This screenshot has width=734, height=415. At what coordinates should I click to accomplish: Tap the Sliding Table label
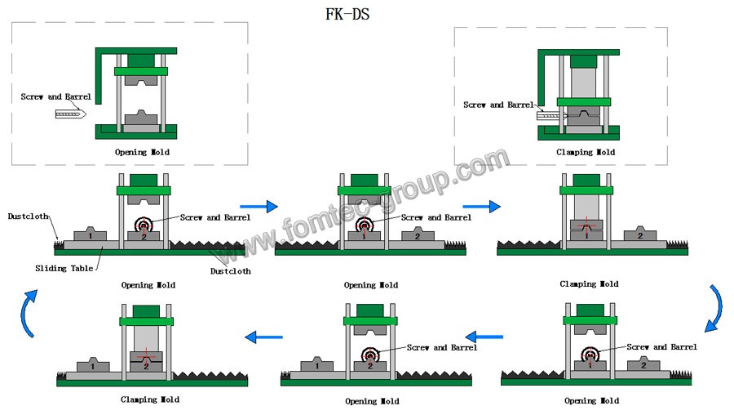tap(64, 267)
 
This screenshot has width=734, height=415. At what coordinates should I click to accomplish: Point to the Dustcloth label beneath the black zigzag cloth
tap(230, 270)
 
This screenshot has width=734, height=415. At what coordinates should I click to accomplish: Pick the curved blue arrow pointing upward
tap(29, 313)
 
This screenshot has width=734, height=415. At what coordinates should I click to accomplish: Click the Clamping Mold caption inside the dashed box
tap(586, 152)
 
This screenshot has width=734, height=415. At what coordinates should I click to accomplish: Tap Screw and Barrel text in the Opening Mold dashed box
tap(55, 96)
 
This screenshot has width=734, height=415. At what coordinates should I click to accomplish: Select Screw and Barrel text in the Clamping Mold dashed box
tap(497, 105)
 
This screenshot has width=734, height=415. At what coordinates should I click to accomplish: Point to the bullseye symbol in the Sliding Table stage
tap(144, 223)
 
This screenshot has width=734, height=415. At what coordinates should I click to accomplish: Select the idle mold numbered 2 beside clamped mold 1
tap(640, 235)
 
